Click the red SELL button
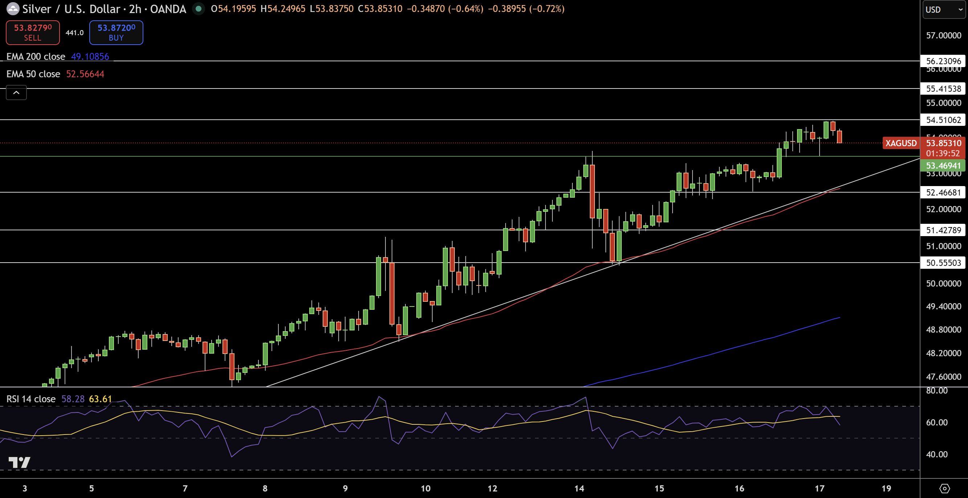click(33, 32)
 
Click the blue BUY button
click(116, 32)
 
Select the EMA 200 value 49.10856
click(90, 56)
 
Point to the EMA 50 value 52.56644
click(85, 74)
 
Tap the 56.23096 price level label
click(943, 61)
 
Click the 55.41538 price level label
click(943, 89)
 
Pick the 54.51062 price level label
click(943, 120)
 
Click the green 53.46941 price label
click(943, 166)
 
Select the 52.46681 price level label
click(943, 192)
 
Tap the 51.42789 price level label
click(943, 230)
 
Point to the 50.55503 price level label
click(943, 263)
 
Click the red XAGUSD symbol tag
click(901, 143)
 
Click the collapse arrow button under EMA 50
click(16, 92)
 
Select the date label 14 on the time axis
click(579, 488)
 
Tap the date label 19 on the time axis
click(886, 488)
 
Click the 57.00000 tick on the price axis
click(943, 35)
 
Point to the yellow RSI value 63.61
click(100, 399)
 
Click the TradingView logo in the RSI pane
click(19, 462)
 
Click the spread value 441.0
click(74, 33)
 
